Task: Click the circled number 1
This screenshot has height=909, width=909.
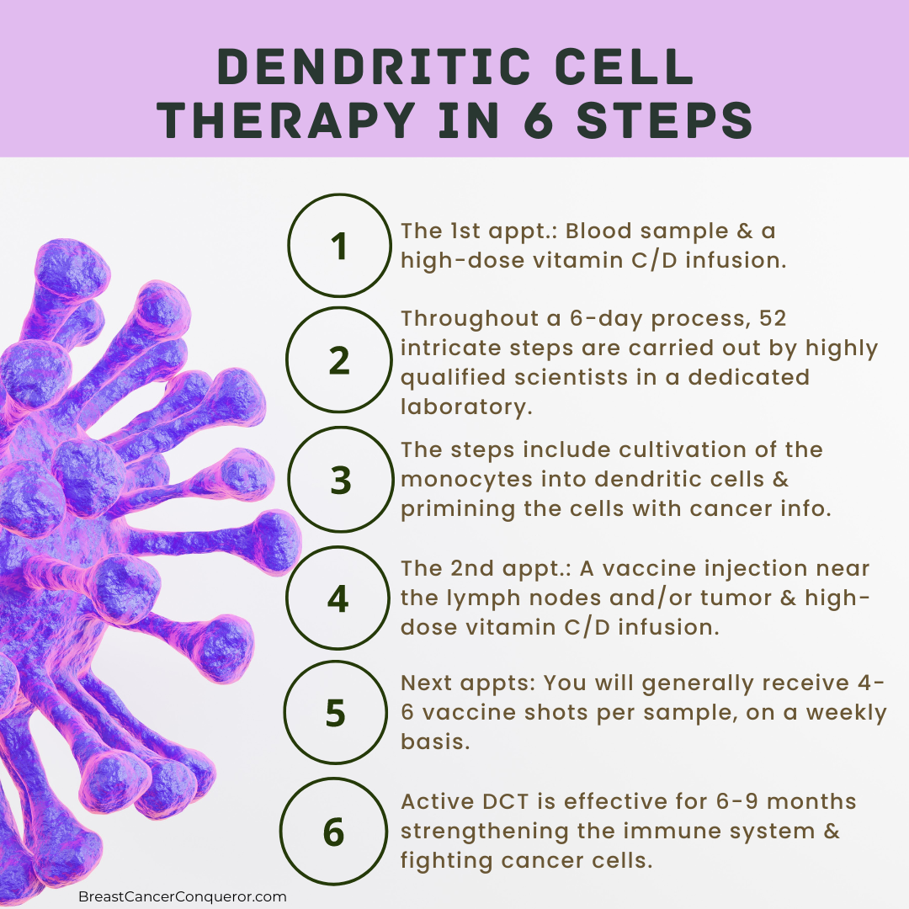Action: [x=340, y=245]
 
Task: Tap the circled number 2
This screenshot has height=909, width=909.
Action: [x=340, y=360]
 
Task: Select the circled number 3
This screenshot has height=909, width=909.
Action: [x=341, y=480]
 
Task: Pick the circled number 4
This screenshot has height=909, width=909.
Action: [x=338, y=598]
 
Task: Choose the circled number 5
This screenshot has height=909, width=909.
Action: [x=336, y=713]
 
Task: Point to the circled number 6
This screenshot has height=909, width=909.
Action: [x=333, y=832]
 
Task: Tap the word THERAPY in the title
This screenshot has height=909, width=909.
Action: [x=286, y=120]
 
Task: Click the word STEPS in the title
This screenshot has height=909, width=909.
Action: [x=664, y=120]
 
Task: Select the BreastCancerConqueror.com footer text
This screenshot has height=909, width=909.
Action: [x=182, y=896]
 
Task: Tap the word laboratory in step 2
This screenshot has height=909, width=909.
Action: [x=466, y=407]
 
